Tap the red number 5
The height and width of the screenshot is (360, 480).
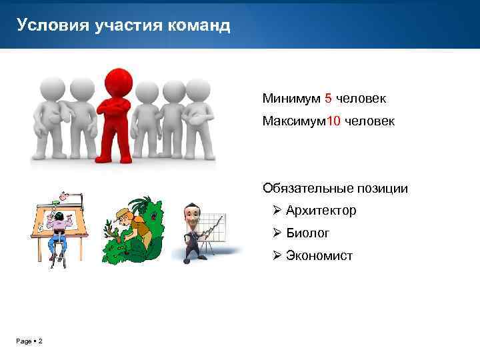[328, 99]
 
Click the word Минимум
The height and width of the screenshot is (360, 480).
[291, 99]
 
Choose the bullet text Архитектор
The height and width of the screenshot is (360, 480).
[321, 211]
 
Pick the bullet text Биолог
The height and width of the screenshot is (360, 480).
[307, 233]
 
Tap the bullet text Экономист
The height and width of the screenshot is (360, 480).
[319, 255]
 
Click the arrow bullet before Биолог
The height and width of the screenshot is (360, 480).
[277, 233]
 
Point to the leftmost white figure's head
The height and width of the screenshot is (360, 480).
[52, 87]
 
